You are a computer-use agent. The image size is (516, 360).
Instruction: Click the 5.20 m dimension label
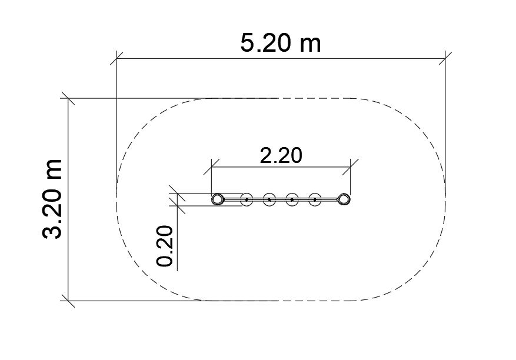[281, 43]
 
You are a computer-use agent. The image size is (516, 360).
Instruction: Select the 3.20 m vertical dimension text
[52, 199]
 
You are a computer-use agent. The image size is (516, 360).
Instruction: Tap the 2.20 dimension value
[281, 155]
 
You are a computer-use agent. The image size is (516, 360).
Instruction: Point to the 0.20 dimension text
[165, 246]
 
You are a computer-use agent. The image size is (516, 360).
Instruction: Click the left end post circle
[218, 199]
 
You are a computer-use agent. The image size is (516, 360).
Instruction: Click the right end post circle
[344, 199]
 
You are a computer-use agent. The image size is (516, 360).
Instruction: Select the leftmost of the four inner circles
[247, 199]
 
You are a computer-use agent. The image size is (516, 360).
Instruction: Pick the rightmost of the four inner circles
[315, 199]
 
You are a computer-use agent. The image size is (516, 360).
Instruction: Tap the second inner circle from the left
[269, 199]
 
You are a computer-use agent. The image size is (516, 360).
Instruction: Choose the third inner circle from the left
[292, 199]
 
